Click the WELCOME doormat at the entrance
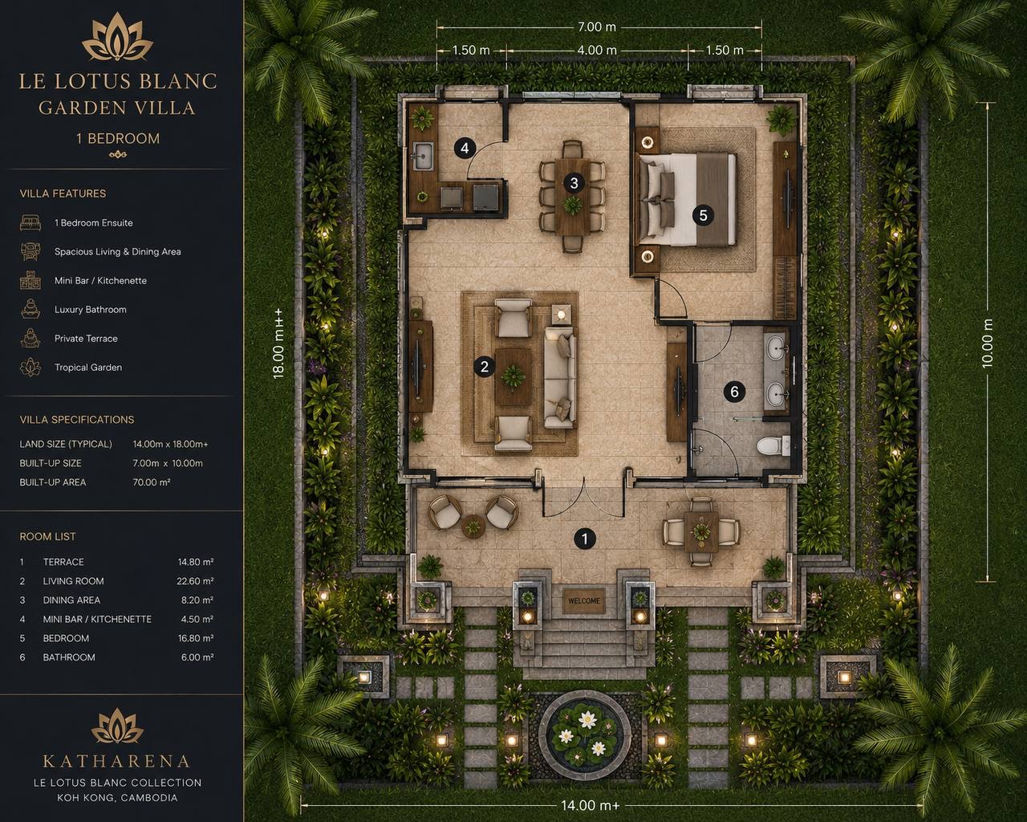click(583, 601)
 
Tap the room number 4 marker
click(465, 148)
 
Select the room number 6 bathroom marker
click(734, 392)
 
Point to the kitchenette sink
click(424, 156)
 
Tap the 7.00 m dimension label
click(596, 27)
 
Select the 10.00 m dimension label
click(988, 344)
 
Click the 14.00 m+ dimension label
click(590, 806)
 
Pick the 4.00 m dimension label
click(597, 50)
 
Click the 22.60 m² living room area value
click(195, 581)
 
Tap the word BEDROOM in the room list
click(66, 638)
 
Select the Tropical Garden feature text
click(88, 368)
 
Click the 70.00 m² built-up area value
click(152, 482)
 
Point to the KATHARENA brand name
click(116, 761)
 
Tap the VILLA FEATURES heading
click(63, 193)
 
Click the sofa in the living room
click(560, 377)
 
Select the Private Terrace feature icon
click(30, 338)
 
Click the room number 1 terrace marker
click(585, 539)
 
